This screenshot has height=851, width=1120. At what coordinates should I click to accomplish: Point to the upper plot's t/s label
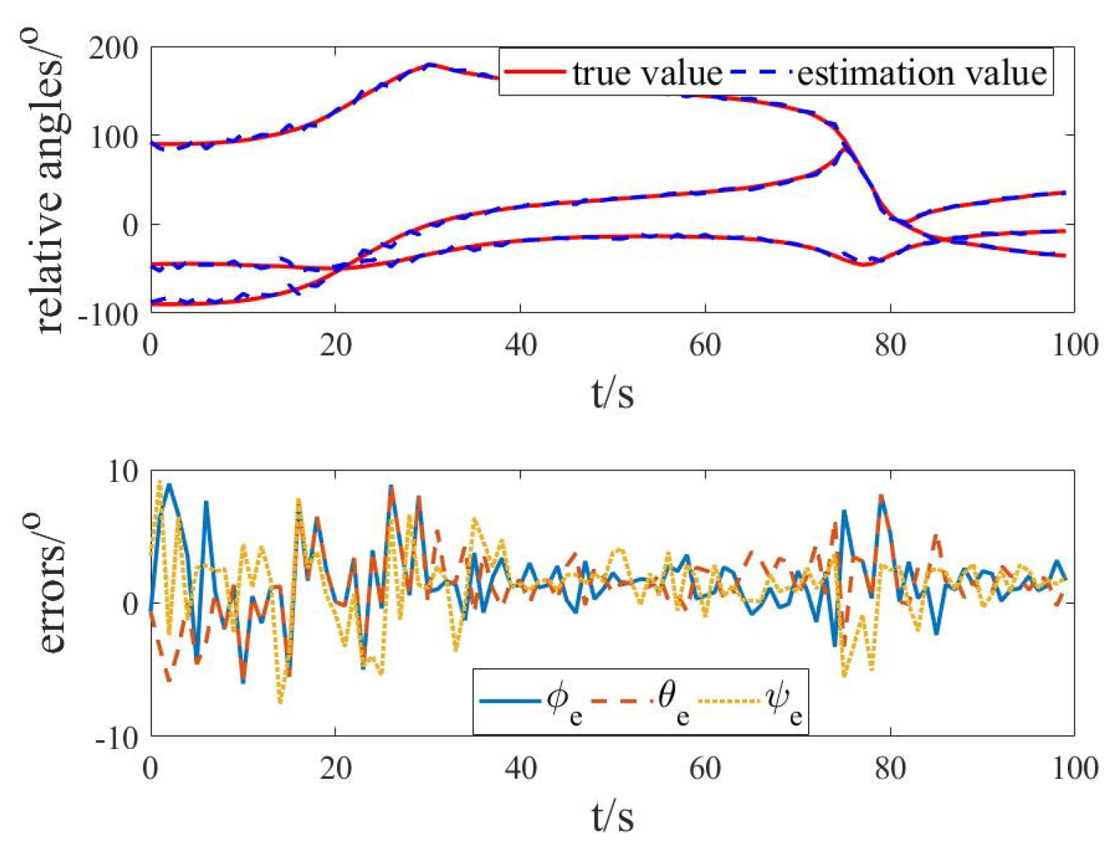pos(612,392)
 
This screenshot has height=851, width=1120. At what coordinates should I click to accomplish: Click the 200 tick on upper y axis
pos(114,48)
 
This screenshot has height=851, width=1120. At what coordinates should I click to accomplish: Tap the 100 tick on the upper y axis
pos(114,136)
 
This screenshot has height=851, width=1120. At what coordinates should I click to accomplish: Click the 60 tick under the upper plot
pos(705,345)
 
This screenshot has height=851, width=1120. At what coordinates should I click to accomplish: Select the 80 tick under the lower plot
pos(889,768)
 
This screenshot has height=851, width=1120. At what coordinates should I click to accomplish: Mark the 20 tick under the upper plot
pos(335,345)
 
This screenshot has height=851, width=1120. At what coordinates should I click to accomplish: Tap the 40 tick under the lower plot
pos(520,768)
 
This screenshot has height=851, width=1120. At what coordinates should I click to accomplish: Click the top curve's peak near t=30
pos(428,64)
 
